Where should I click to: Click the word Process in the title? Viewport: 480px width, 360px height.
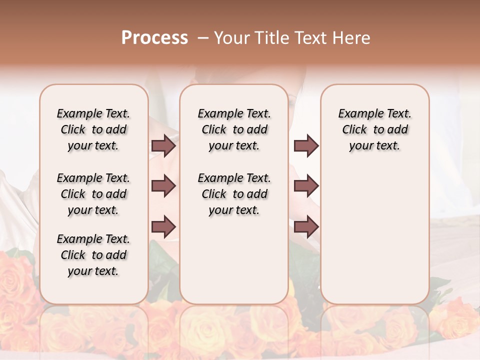[x=154, y=38]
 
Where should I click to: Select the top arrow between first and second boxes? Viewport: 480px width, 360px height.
[x=163, y=146]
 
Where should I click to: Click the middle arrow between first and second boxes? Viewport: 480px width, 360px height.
[x=163, y=186]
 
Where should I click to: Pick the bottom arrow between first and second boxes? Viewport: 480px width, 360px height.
[x=163, y=226]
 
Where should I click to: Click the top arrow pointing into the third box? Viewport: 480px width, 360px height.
[x=306, y=146]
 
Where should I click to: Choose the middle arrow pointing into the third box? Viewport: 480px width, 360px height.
[x=306, y=186]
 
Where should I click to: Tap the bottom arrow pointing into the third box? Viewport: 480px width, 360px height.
[x=306, y=226]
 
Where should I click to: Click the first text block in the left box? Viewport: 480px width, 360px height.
[x=93, y=130]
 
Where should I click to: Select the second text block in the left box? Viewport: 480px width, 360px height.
[x=93, y=194]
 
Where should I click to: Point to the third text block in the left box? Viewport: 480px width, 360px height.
[x=93, y=255]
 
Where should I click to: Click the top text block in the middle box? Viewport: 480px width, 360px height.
[x=234, y=130]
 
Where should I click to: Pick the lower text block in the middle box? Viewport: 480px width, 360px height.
[x=234, y=194]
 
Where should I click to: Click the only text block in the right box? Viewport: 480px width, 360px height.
[x=374, y=130]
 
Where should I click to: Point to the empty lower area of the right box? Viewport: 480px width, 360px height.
[x=374, y=235]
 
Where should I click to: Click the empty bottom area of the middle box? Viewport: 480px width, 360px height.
[x=234, y=265]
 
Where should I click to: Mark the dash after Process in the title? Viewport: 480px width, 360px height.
[x=203, y=38]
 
